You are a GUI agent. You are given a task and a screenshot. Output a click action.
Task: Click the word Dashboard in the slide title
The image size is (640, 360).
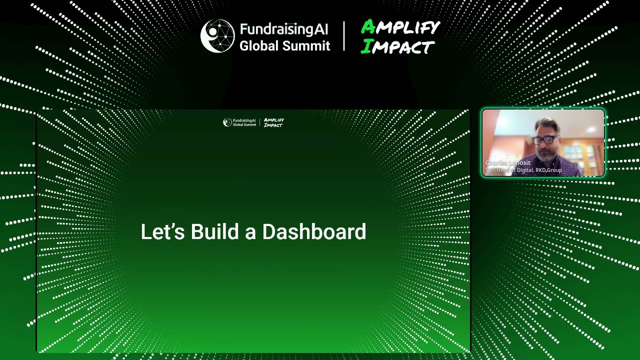tap(314, 232)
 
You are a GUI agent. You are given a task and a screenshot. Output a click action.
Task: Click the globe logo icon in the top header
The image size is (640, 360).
tap(217, 36)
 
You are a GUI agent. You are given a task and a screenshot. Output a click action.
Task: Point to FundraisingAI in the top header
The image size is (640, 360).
tap(284, 29)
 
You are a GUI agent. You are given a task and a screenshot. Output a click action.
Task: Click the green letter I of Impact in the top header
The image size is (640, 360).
tap(366, 47)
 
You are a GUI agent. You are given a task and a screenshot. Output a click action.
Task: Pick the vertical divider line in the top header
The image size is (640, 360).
tap(344, 36)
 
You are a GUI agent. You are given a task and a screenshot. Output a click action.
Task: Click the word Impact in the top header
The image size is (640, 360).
tap(398, 47)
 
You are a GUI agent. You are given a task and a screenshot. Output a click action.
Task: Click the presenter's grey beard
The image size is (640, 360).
tap(546, 154)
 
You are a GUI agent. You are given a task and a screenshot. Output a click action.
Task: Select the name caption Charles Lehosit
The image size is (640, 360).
tap(507, 163)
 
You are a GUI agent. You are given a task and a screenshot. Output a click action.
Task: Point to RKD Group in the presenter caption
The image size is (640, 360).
tap(548, 170)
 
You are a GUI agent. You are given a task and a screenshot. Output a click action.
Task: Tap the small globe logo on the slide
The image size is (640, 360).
tap(227, 122)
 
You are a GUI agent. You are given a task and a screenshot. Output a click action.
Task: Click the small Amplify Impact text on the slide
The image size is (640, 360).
tap(273, 122)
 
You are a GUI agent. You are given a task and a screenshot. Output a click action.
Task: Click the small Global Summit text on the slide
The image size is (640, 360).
tap(244, 124)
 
